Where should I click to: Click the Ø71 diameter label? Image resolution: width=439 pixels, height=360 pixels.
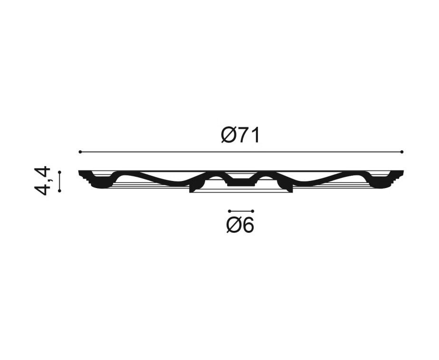click(x=240, y=135)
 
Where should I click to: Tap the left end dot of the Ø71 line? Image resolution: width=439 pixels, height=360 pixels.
click(x=80, y=152)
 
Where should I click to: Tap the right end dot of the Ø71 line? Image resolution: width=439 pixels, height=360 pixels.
click(x=402, y=152)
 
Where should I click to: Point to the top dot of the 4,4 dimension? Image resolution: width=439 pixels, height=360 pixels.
click(x=59, y=172)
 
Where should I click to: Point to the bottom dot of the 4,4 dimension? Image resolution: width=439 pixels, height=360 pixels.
click(x=59, y=191)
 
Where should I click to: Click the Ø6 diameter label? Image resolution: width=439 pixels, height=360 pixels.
click(x=240, y=225)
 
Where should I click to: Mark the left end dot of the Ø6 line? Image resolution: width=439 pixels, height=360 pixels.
click(x=229, y=211)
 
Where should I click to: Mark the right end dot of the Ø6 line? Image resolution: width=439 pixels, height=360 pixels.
click(x=253, y=211)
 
